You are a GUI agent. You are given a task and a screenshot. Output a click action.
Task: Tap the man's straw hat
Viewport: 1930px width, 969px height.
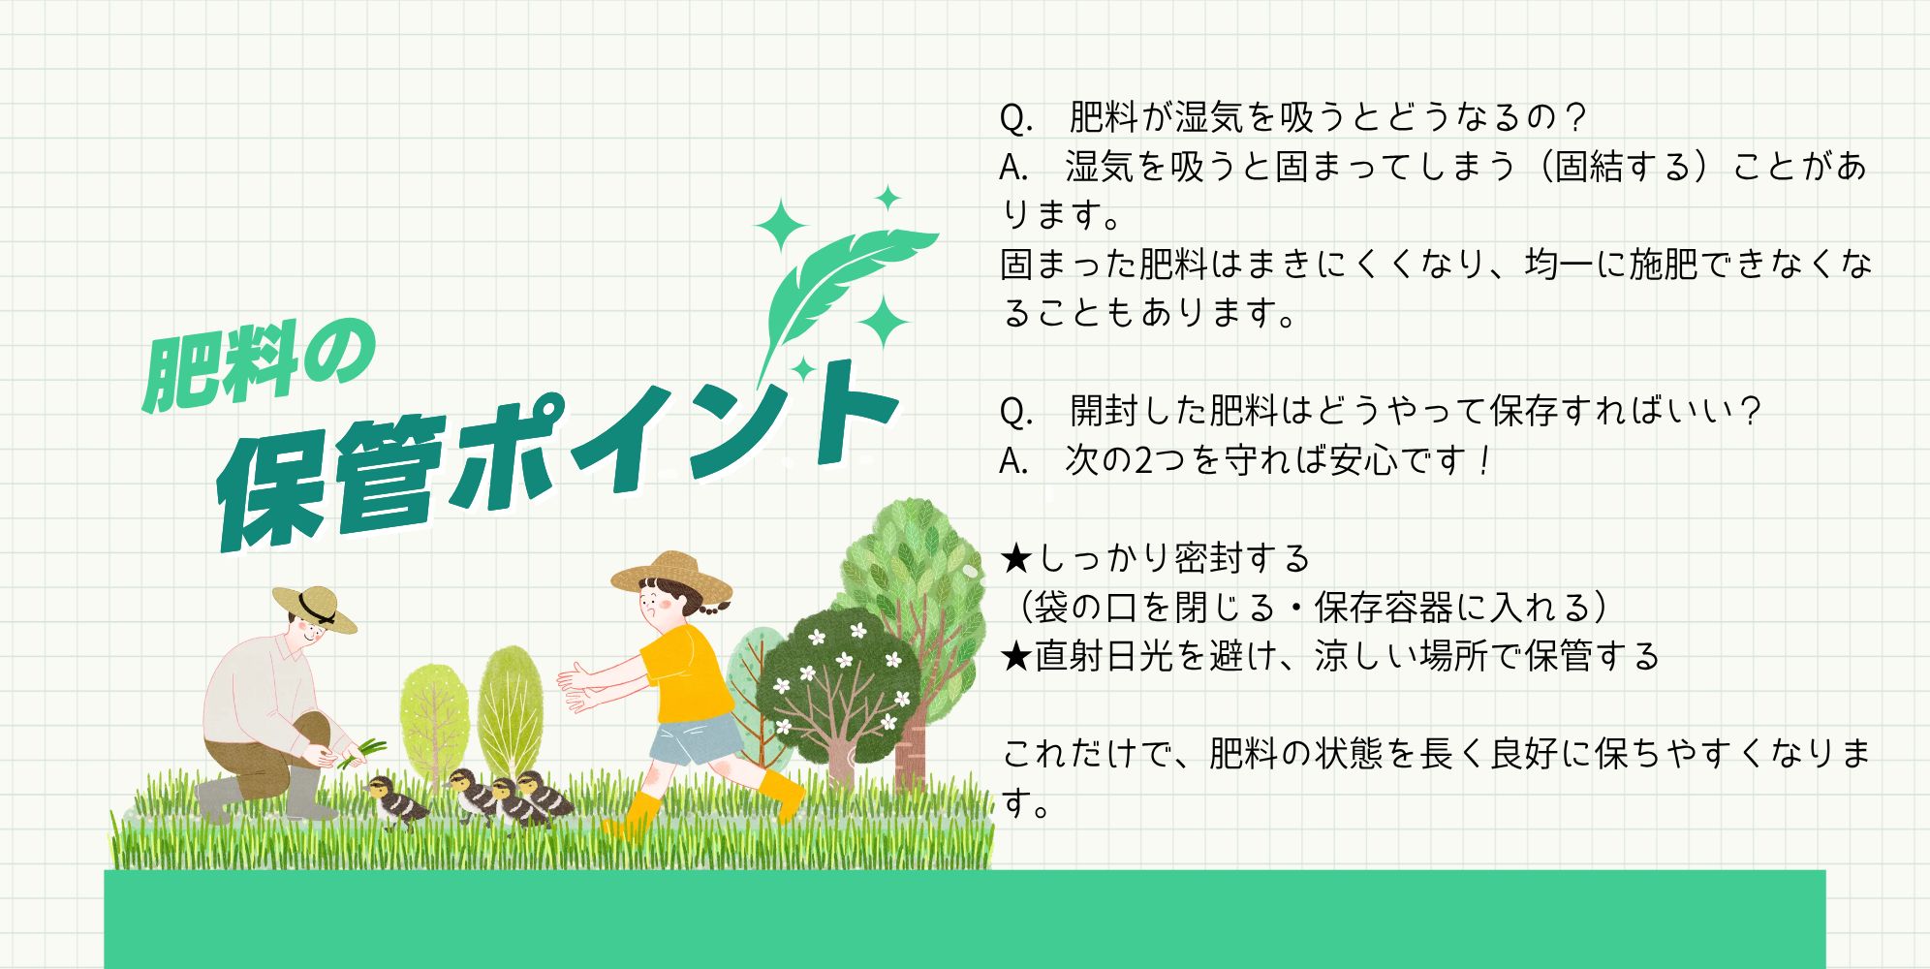tap(314, 608)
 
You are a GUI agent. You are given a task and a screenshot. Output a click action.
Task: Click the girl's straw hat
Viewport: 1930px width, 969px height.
tap(670, 578)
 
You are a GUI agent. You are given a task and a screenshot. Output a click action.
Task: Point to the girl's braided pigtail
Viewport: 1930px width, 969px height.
tap(717, 607)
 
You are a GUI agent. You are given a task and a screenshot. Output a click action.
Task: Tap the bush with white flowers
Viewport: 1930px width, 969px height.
tap(838, 683)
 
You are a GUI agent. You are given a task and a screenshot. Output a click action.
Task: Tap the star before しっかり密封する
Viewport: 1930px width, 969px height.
tap(1017, 558)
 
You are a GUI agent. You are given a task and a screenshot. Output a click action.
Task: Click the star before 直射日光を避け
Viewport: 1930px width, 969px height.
tap(1017, 656)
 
